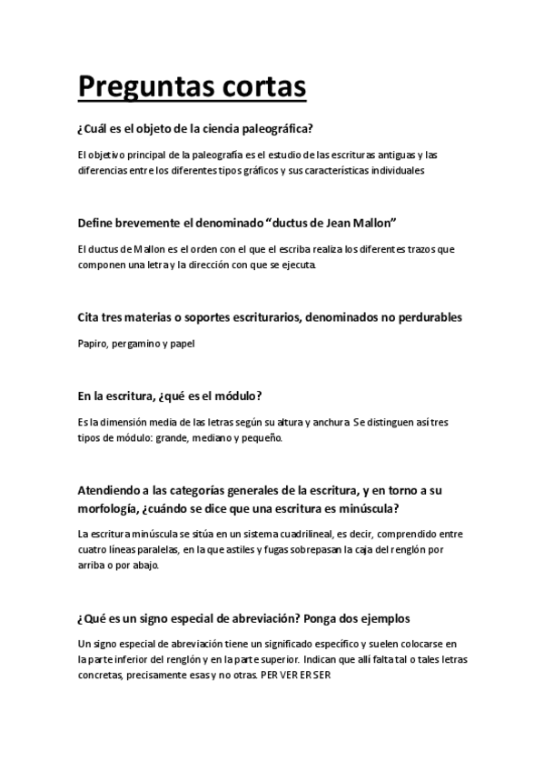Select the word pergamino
pyautogui.click(x=138, y=343)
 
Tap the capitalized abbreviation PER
pyautogui.click(x=269, y=676)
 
